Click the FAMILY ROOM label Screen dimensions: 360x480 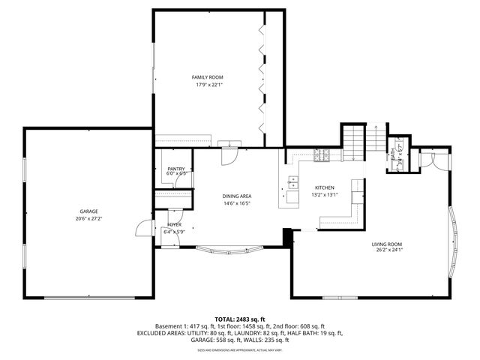click(x=207, y=77)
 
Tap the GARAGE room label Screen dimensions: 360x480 click(x=89, y=211)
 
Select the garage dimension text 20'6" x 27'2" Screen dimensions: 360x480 click(x=89, y=219)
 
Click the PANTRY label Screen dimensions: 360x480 click(x=176, y=169)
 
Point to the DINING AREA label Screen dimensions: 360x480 click(x=236, y=196)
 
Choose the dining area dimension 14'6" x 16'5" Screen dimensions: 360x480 click(x=236, y=203)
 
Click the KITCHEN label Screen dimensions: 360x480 click(x=324, y=187)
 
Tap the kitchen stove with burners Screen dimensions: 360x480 click(x=322, y=156)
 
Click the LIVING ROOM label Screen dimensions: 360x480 click(x=387, y=244)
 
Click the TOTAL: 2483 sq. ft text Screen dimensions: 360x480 click(x=240, y=319)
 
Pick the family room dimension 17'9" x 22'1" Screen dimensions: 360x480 click(x=207, y=85)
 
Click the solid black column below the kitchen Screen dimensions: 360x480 click(x=286, y=235)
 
